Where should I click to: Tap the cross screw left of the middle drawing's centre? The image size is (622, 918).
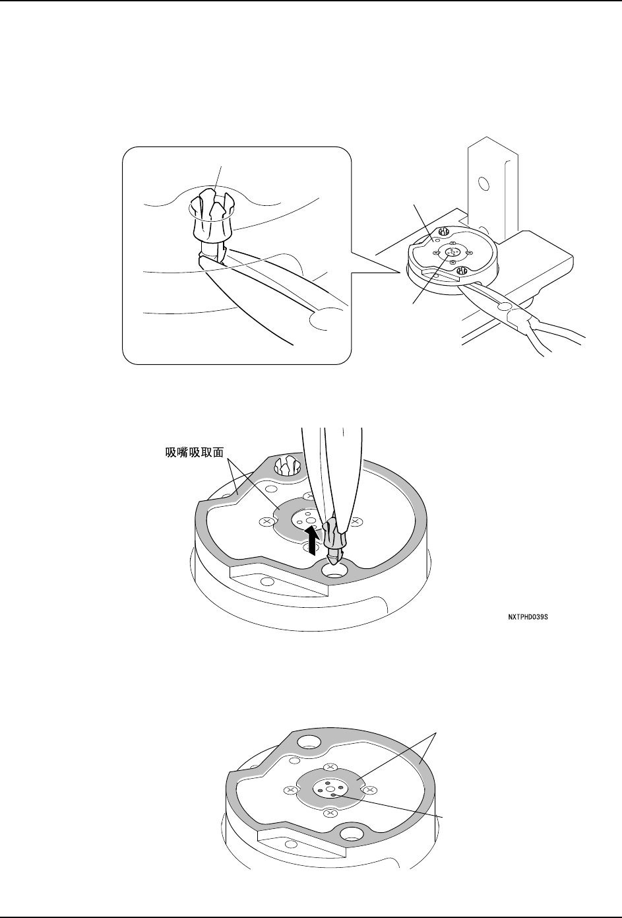coord(266,521)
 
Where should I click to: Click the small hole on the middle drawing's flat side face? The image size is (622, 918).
coord(266,581)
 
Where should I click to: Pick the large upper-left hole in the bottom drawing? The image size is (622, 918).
coord(307,743)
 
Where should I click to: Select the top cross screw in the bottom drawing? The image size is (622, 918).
coord(331,767)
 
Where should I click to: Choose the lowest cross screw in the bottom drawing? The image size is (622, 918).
coord(329,813)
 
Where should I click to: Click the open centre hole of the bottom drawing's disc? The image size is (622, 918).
coord(328,787)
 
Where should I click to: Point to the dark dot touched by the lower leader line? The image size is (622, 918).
coord(334,796)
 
